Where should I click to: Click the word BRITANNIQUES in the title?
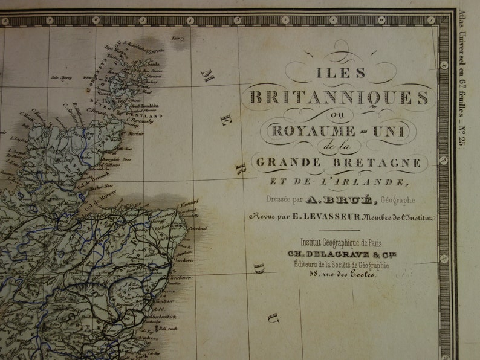[339, 97]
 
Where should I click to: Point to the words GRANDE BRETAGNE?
[339, 162]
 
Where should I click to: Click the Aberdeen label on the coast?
[183, 256]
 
